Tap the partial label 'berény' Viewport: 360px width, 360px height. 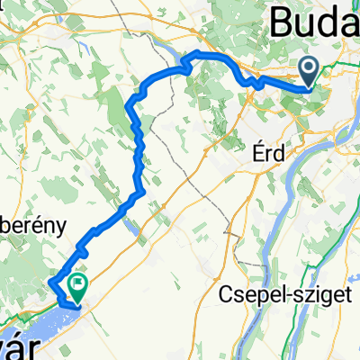point(31,227)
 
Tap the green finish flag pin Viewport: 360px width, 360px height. point(79,287)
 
